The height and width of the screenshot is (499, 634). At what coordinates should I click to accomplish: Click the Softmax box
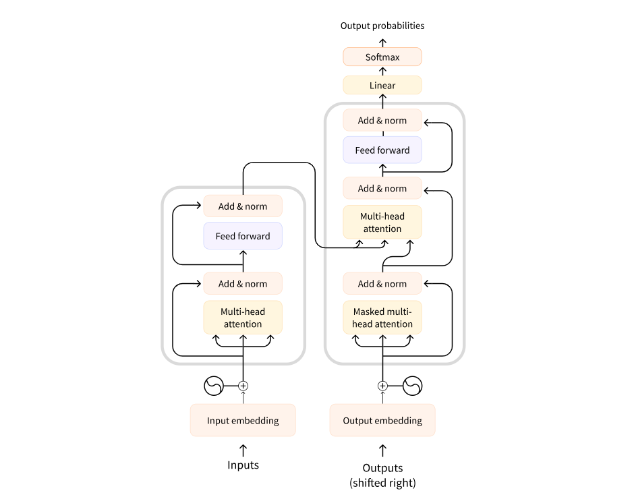tap(382, 57)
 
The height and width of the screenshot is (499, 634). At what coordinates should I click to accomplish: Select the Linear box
tap(382, 86)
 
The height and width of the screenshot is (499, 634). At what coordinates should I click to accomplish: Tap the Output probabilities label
tap(382, 26)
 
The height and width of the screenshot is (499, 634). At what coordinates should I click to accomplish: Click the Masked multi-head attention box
tap(382, 318)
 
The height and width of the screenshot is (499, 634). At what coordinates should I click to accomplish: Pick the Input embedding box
tap(243, 421)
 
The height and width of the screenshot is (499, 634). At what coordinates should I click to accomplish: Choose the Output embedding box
tap(382, 421)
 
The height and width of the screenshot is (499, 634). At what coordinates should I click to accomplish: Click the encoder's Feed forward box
tap(243, 236)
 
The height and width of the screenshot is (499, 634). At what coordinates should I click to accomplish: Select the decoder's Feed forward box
tap(382, 150)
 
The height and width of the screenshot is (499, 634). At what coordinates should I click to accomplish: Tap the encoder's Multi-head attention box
tap(243, 318)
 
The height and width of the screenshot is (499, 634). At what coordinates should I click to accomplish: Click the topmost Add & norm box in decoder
tap(382, 121)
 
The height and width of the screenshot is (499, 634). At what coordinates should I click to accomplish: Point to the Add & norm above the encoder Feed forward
tap(243, 206)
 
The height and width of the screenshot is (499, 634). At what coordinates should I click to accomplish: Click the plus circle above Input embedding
tap(243, 386)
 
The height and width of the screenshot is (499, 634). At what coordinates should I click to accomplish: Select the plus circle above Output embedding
tap(382, 386)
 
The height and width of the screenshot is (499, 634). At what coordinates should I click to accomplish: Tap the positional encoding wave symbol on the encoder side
tap(213, 386)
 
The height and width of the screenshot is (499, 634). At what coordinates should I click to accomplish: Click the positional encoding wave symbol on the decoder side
tap(412, 386)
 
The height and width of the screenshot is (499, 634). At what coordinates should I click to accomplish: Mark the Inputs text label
tap(243, 465)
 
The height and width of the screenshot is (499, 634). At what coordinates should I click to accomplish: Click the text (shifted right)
tap(382, 483)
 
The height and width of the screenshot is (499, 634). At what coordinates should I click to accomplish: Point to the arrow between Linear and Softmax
tap(382, 71)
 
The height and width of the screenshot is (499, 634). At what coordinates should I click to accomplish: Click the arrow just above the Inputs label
tap(243, 449)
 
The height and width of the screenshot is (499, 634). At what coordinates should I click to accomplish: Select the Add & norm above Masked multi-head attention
tap(382, 284)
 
